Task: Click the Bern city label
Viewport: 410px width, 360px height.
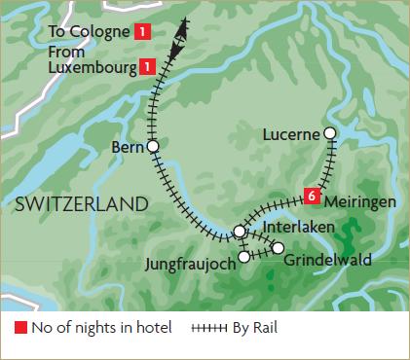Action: pos(128,148)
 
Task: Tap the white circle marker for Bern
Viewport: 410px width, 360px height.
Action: pos(152,147)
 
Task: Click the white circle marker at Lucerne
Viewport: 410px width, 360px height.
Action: pos(330,133)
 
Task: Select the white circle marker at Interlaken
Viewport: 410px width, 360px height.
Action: pos(240,232)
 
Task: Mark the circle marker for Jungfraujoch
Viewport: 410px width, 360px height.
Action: pos(243,257)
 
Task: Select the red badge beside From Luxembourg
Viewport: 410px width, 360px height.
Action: pos(146,66)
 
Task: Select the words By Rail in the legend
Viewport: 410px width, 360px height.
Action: pos(254,329)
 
